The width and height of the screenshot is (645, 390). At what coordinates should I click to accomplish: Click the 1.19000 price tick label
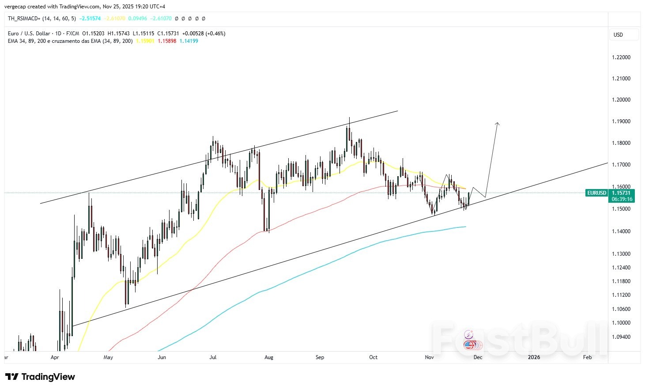621,121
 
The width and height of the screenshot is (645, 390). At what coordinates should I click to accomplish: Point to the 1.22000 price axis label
621,57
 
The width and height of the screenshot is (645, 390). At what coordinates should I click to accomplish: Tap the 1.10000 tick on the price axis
621,323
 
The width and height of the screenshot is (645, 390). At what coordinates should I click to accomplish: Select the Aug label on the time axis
268,357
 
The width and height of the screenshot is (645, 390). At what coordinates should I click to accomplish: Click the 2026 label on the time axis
534,357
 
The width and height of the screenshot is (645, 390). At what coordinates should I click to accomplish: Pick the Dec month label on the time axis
478,357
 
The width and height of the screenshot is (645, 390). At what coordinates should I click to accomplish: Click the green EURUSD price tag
596,193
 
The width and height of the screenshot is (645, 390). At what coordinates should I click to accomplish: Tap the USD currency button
619,35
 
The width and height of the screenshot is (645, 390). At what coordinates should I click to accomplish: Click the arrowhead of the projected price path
498,124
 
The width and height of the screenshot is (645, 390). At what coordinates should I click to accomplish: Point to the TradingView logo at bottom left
40,377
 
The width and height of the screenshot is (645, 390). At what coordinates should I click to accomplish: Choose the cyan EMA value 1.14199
189,41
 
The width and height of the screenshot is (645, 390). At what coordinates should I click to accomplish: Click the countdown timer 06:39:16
622,199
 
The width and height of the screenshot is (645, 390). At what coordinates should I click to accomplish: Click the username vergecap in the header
14,7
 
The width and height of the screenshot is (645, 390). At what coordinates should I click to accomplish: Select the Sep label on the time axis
320,357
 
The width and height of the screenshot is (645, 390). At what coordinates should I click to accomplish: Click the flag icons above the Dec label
470,345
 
